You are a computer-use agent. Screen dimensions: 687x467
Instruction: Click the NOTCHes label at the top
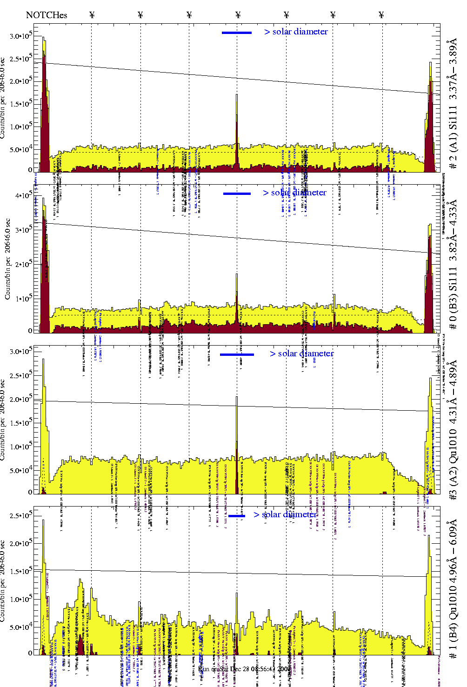47,15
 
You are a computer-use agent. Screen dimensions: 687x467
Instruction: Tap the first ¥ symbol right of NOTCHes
92,15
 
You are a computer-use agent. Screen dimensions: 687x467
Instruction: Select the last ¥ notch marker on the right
381,15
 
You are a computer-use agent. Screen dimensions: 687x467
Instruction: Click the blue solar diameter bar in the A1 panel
237,33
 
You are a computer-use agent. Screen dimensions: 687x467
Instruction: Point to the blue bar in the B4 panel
237,516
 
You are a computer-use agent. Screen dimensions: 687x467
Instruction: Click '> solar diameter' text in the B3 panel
294,193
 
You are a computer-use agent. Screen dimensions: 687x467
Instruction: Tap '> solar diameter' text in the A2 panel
301,354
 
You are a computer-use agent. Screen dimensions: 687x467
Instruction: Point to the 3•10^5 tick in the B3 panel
23,230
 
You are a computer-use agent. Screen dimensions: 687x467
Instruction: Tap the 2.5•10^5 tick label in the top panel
21,59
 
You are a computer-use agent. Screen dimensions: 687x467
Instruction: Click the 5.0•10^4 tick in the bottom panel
21,627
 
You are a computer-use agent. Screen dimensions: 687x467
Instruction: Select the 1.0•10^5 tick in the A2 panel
21,447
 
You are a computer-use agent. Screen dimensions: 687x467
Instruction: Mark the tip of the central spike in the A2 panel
237,397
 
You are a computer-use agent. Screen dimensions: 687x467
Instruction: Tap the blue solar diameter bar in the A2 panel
237,354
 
